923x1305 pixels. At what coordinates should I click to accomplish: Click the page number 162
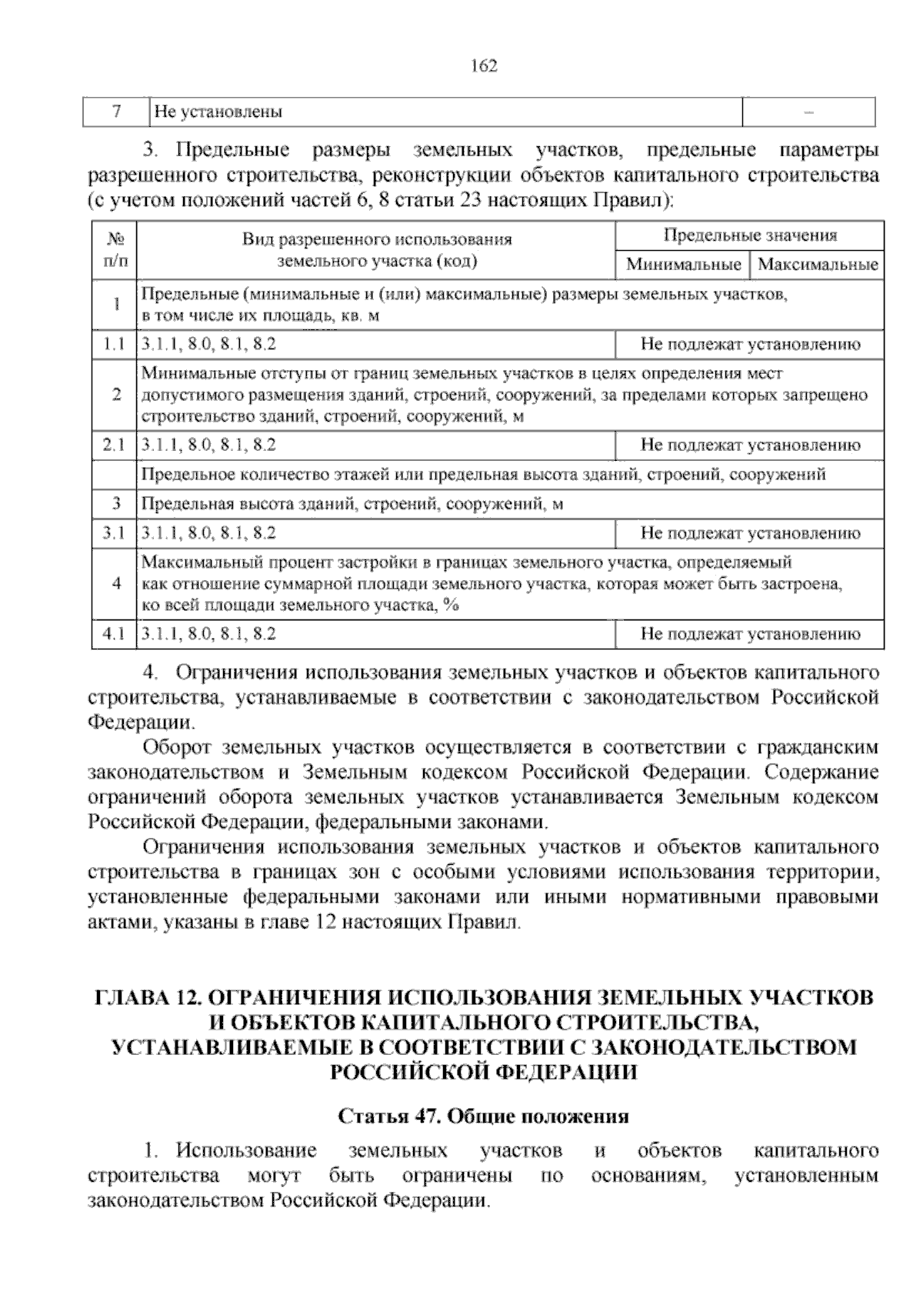tap(484, 66)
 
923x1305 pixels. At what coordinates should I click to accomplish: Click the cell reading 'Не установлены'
tap(218, 112)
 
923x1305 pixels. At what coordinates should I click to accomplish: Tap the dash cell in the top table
tap(808, 112)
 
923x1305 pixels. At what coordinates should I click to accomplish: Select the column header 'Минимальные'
tap(682, 265)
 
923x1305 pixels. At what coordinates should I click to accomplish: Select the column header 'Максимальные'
tap(817, 265)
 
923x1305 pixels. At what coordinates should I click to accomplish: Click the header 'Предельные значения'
tap(750, 235)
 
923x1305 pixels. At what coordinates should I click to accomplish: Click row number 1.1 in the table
tap(114, 345)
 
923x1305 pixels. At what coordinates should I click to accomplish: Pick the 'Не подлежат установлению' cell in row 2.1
tap(750, 445)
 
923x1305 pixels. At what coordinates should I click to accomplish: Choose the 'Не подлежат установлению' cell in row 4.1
tap(750, 634)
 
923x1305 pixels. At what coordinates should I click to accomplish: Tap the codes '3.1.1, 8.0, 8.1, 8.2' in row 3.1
tap(209, 532)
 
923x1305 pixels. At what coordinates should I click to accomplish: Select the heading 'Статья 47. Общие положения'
tap(483, 1116)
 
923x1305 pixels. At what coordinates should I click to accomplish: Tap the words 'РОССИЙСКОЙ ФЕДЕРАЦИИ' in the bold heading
tap(483, 1072)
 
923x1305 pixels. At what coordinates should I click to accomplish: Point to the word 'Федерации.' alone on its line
tap(142, 723)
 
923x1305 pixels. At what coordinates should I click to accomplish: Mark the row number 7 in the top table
tap(116, 112)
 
